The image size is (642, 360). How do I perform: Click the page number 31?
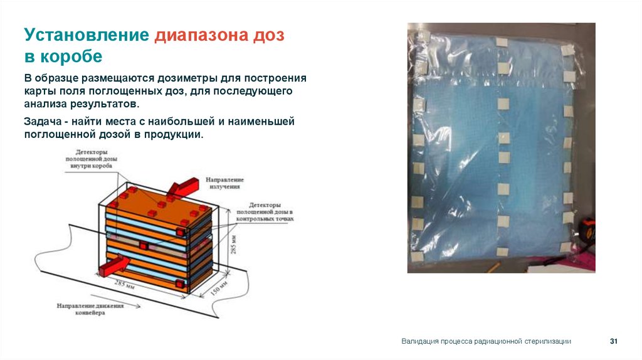(x=614, y=341)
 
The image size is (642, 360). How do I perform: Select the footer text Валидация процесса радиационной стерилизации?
(x=486, y=341)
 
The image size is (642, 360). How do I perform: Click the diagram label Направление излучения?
(x=226, y=183)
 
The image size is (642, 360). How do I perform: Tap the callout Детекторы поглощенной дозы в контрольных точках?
(x=264, y=213)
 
